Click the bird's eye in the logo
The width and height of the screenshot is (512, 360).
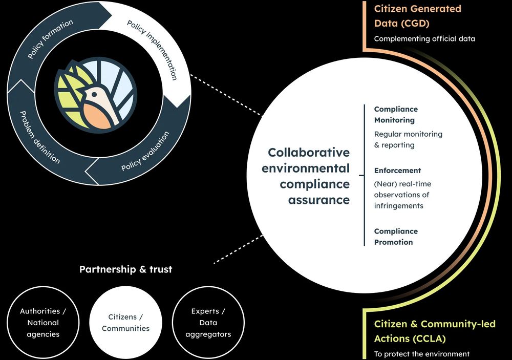tap(94, 94)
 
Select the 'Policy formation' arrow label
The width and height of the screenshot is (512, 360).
tap(50, 39)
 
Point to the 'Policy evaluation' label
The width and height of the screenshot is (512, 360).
tap(145, 151)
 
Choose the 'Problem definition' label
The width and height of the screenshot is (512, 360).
tap(40, 137)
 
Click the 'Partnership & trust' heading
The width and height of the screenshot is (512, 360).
tap(126, 269)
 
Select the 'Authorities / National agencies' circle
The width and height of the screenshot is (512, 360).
tap(43, 323)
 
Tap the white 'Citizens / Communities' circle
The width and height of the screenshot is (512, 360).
tap(126, 323)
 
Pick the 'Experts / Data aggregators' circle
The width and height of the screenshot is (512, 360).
tap(208, 323)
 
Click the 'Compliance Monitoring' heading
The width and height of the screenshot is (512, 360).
tap(396, 114)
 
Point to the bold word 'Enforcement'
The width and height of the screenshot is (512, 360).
tap(397, 171)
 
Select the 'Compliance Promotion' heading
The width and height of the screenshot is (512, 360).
tap(396, 237)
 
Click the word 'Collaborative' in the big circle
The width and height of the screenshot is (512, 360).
tap(309, 152)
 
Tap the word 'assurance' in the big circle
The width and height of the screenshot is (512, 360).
tap(318, 200)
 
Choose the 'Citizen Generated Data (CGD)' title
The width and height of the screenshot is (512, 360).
tap(418, 16)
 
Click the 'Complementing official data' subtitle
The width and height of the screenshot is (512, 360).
tap(424, 38)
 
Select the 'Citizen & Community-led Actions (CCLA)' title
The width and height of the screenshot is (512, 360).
tap(435, 331)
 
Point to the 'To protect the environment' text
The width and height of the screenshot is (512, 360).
tap(422, 354)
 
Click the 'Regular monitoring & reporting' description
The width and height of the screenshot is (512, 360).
tap(408, 139)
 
